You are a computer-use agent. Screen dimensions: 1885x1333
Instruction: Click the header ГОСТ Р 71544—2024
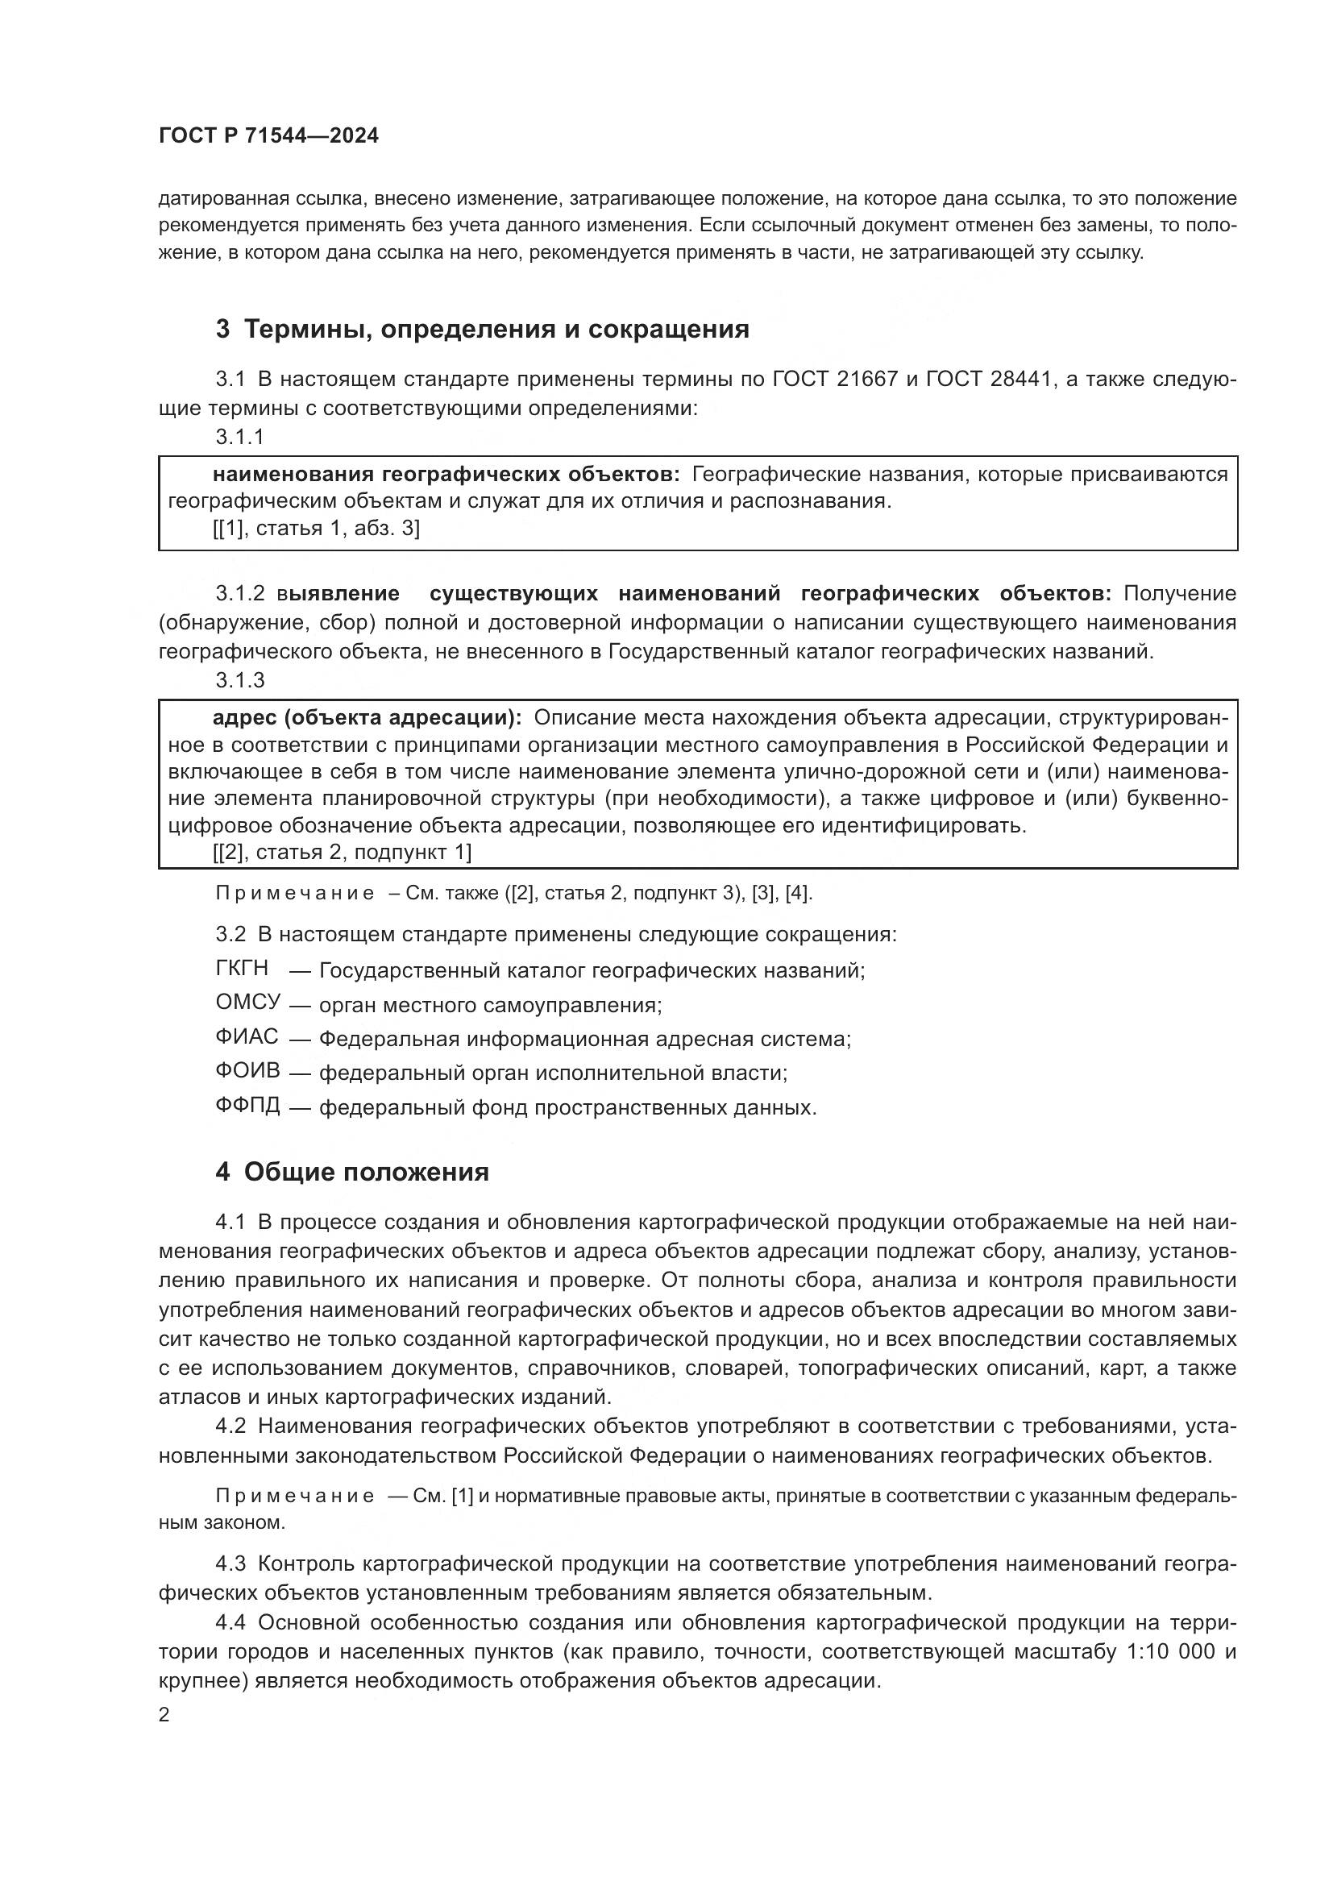[268, 135]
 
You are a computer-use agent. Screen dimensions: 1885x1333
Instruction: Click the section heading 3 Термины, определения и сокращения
[482, 330]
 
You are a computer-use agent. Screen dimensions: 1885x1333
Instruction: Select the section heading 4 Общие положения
[352, 1172]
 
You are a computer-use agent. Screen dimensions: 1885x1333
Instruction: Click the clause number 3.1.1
[239, 437]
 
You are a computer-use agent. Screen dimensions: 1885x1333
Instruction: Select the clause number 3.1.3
[239, 680]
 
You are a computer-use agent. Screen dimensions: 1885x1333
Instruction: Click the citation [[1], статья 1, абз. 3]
[316, 528]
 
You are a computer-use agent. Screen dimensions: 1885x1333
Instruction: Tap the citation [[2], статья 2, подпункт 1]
[342, 852]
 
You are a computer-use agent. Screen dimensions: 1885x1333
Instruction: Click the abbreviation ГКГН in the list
[241, 969]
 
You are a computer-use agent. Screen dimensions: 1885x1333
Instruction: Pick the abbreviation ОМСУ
[248, 1003]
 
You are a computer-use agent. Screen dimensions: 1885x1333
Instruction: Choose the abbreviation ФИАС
[247, 1037]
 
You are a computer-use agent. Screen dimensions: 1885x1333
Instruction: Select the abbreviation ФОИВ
[248, 1070]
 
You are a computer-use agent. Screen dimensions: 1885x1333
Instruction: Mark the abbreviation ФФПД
[248, 1105]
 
